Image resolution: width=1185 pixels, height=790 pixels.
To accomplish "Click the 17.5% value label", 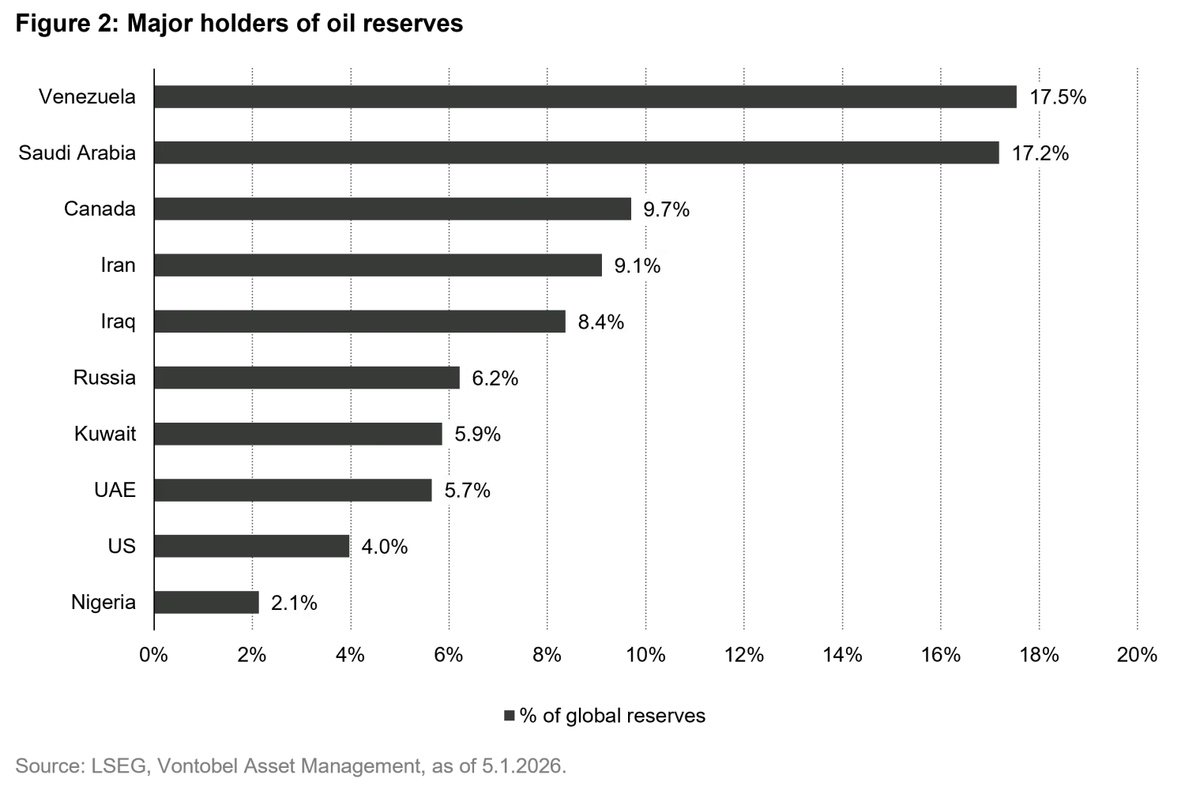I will (1058, 96).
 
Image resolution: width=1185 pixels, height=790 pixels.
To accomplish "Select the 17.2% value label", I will (1040, 152).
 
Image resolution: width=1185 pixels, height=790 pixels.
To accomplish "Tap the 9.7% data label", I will (666, 209).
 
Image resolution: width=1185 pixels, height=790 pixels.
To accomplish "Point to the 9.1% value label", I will (638, 265).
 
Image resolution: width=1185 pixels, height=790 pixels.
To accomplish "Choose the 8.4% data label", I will (600, 322).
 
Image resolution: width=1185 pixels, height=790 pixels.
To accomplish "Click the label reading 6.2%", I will (495, 378).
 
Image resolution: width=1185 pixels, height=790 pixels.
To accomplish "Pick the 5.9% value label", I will (478, 434).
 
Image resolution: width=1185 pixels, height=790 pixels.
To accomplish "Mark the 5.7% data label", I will (467, 491).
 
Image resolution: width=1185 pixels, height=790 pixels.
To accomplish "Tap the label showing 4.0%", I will (385, 547).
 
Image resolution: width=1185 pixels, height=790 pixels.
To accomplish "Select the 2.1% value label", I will (294, 603).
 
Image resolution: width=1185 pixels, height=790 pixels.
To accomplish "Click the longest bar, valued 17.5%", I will (585, 97).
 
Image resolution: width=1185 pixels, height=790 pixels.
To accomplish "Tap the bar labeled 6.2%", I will (307, 378).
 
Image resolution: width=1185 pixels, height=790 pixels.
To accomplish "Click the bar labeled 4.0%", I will (254, 547).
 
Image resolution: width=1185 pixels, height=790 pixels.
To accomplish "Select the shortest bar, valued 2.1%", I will (206, 603).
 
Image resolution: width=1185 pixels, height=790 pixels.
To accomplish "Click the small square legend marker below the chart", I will (509, 717).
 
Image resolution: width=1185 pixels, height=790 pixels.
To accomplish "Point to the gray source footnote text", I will (291, 765).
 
